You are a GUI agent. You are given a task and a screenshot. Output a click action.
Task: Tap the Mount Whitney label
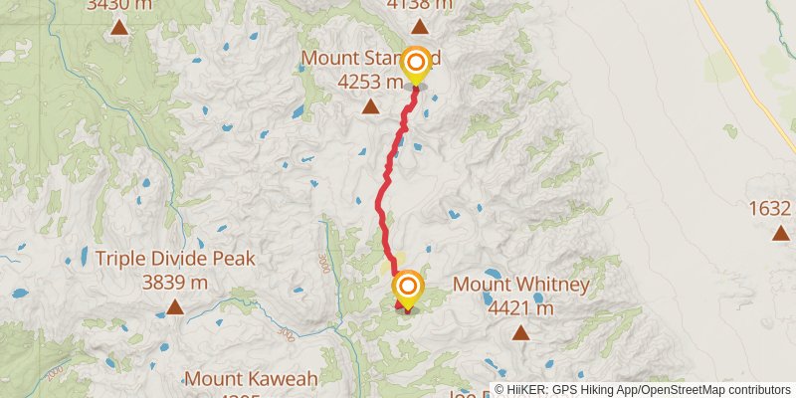(x=521, y=285)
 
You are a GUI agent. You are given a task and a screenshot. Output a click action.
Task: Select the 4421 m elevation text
(x=520, y=308)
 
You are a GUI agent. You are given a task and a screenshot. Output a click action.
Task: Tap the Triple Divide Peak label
(x=175, y=259)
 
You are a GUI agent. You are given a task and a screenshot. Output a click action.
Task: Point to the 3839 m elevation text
(x=175, y=283)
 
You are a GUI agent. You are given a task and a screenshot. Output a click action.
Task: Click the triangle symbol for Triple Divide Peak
(x=175, y=307)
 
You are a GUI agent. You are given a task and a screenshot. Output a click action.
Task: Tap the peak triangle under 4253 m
(x=370, y=106)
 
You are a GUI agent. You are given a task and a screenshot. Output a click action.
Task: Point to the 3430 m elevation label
(x=119, y=5)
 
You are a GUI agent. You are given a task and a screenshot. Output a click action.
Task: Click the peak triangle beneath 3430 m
(x=119, y=27)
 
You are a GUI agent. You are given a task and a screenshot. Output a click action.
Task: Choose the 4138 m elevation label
(x=419, y=5)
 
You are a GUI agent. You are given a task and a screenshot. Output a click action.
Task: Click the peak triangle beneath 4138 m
(x=420, y=27)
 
